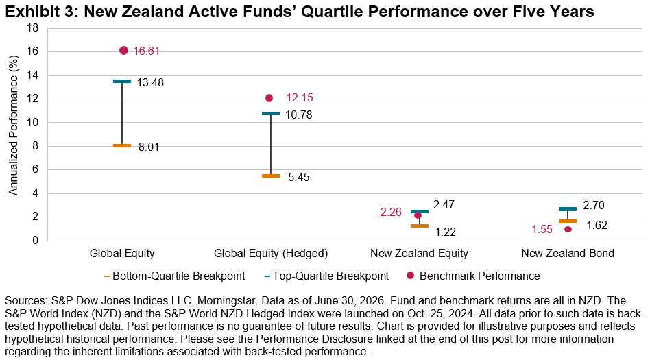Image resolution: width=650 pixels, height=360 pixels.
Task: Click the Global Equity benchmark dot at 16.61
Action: pos(123,51)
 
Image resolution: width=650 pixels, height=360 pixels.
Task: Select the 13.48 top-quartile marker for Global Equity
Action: pos(122,82)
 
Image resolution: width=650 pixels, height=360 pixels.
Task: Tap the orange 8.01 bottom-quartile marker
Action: pos(122,145)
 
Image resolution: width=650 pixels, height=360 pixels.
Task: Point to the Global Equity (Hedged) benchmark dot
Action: pos(269,98)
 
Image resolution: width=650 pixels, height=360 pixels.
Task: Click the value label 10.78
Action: pos(298,115)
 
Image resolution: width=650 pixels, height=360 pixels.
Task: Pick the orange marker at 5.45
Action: pos(271,176)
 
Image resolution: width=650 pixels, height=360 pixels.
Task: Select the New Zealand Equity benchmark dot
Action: pos(418,216)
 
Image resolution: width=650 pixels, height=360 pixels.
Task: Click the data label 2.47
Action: pos(444,204)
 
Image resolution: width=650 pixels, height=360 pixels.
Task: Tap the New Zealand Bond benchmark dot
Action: pos(568,229)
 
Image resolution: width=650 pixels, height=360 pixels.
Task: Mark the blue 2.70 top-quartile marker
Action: pos(568,208)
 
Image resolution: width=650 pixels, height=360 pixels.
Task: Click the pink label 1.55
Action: pos(542,229)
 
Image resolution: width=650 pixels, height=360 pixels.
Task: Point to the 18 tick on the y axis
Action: pos(32,28)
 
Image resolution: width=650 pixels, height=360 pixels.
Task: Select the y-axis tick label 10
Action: pos(32,123)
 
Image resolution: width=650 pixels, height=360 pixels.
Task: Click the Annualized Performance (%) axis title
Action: pos(14,125)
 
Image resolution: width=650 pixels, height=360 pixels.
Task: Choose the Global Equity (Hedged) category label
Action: pos(271,254)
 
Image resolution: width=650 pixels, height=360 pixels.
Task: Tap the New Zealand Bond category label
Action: pos(568,254)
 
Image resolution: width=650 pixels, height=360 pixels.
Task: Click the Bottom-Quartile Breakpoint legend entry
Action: pos(175,276)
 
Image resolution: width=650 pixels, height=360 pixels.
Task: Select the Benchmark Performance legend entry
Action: pos(473,276)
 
